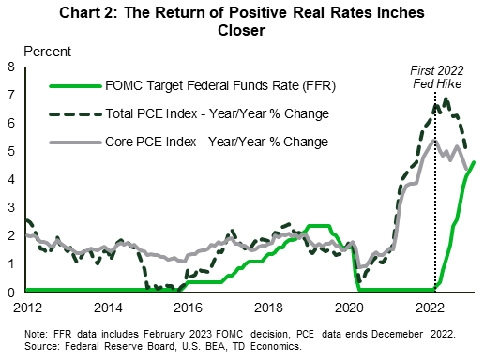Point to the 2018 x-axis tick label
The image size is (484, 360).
coord(270,307)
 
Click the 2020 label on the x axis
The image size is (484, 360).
coord(351,307)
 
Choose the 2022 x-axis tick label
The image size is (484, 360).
coord(431,307)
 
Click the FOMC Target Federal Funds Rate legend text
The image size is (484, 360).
coord(219,87)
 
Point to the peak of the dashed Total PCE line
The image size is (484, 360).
coord(445,98)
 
